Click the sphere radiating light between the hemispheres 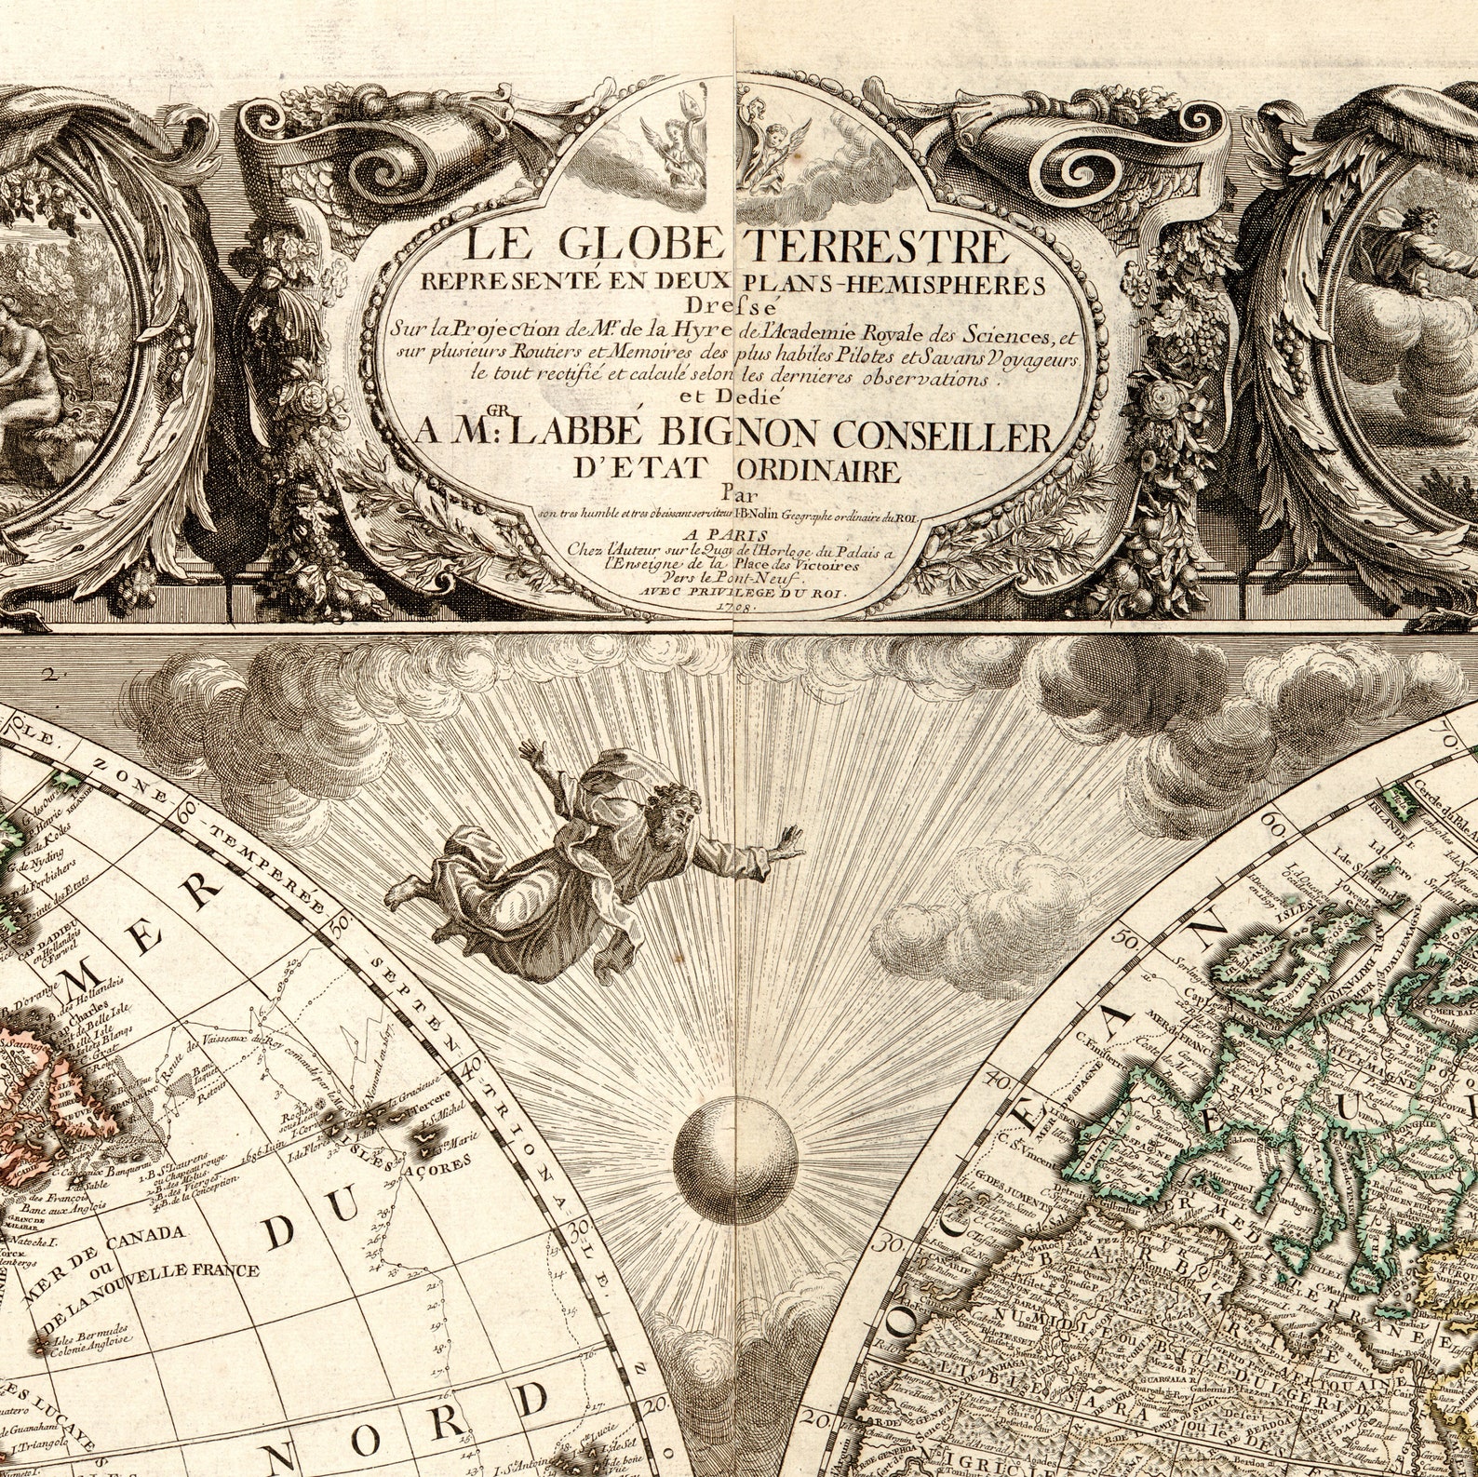tap(735, 1146)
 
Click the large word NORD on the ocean tap(451, 1421)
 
